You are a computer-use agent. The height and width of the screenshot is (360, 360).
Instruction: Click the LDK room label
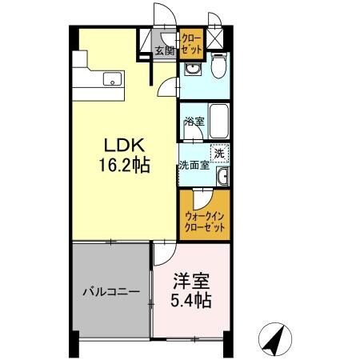(x=122, y=146)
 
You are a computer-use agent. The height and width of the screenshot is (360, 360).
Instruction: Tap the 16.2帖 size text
(x=122, y=166)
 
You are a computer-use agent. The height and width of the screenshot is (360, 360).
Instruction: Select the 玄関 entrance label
(x=164, y=51)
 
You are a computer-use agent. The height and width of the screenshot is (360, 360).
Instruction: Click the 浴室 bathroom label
(x=193, y=122)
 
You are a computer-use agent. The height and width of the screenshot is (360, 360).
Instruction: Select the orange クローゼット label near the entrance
(x=191, y=42)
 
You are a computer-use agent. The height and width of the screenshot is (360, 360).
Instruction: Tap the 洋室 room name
(x=193, y=282)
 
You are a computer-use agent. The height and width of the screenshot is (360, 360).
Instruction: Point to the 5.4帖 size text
(x=193, y=302)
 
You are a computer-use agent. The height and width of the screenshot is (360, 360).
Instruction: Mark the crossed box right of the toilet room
(x=214, y=38)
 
